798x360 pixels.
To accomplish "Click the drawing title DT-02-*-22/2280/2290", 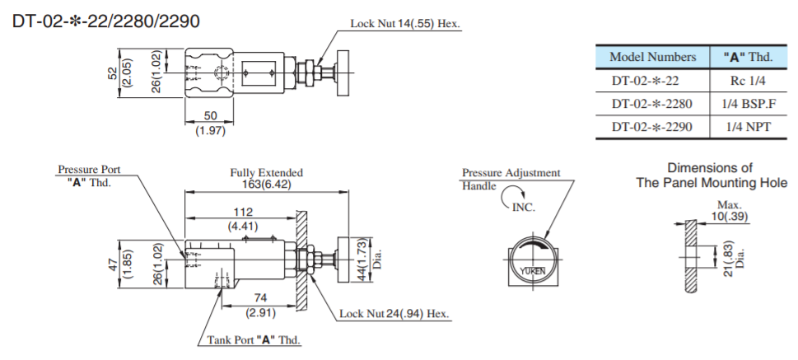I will click(105, 21).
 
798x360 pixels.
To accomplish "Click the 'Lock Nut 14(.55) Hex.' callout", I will click(404, 24).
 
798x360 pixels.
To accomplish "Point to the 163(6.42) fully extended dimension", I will click(266, 185).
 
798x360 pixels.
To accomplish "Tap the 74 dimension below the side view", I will click(259, 297).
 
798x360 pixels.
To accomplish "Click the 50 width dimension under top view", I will click(210, 116).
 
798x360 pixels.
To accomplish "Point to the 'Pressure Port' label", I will click(83, 170).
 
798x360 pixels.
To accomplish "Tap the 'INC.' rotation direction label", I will click(523, 207).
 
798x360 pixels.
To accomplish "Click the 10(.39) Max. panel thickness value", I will click(729, 215).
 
